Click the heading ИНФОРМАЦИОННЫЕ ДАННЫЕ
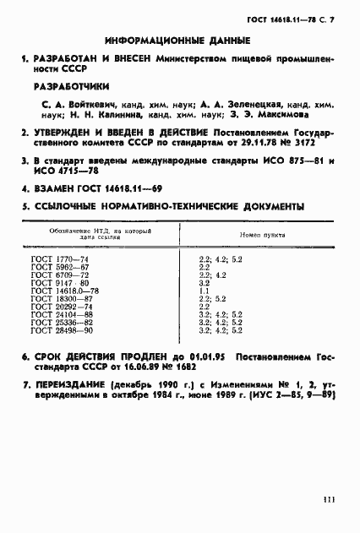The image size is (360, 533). pyautogui.click(x=178, y=40)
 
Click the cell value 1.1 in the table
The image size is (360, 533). pyautogui.click(x=203, y=290)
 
